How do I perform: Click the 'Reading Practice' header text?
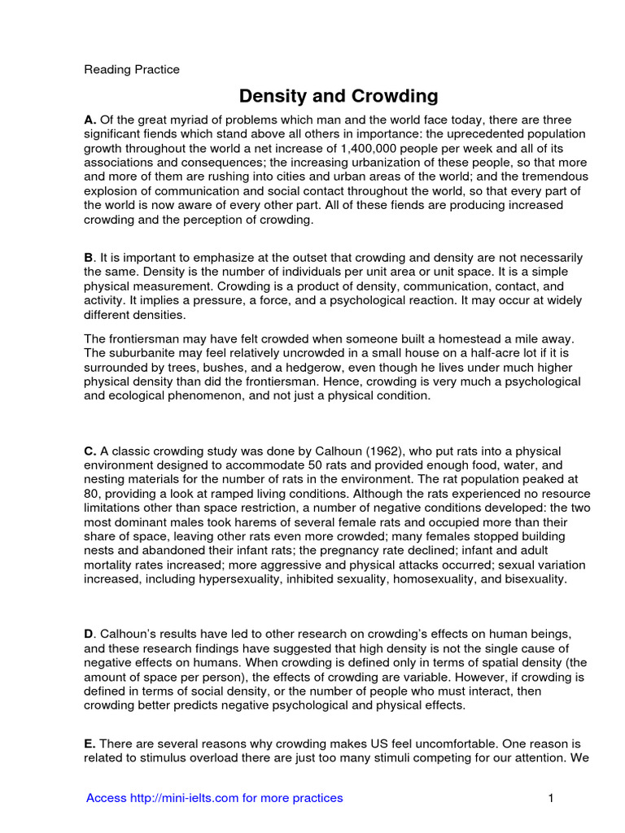(132, 69)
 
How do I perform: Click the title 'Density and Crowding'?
(338, 96)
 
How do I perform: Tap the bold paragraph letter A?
(90, 120)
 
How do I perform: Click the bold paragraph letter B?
(89, 257)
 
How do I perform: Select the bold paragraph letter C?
(90, 451)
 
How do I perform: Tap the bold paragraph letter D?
(90, 634)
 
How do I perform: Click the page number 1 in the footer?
(551, 798)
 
